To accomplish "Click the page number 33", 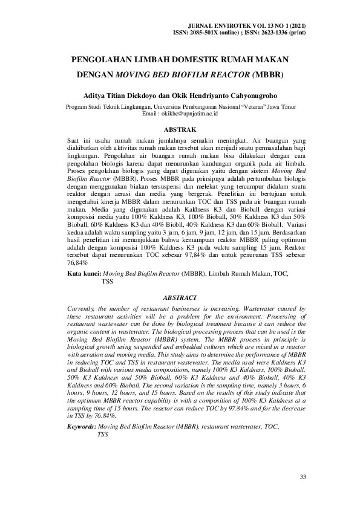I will pyautogui.click(x=303, y=478).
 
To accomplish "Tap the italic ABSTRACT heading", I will pyautogui.click(x=180, y=298).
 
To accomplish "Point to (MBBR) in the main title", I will pyautogui.click(x=268, y=77).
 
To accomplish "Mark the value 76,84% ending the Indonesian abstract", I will pyautogui.click(x=77, y=263).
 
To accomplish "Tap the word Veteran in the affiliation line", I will pyautogui.click(x=247, y=106).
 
